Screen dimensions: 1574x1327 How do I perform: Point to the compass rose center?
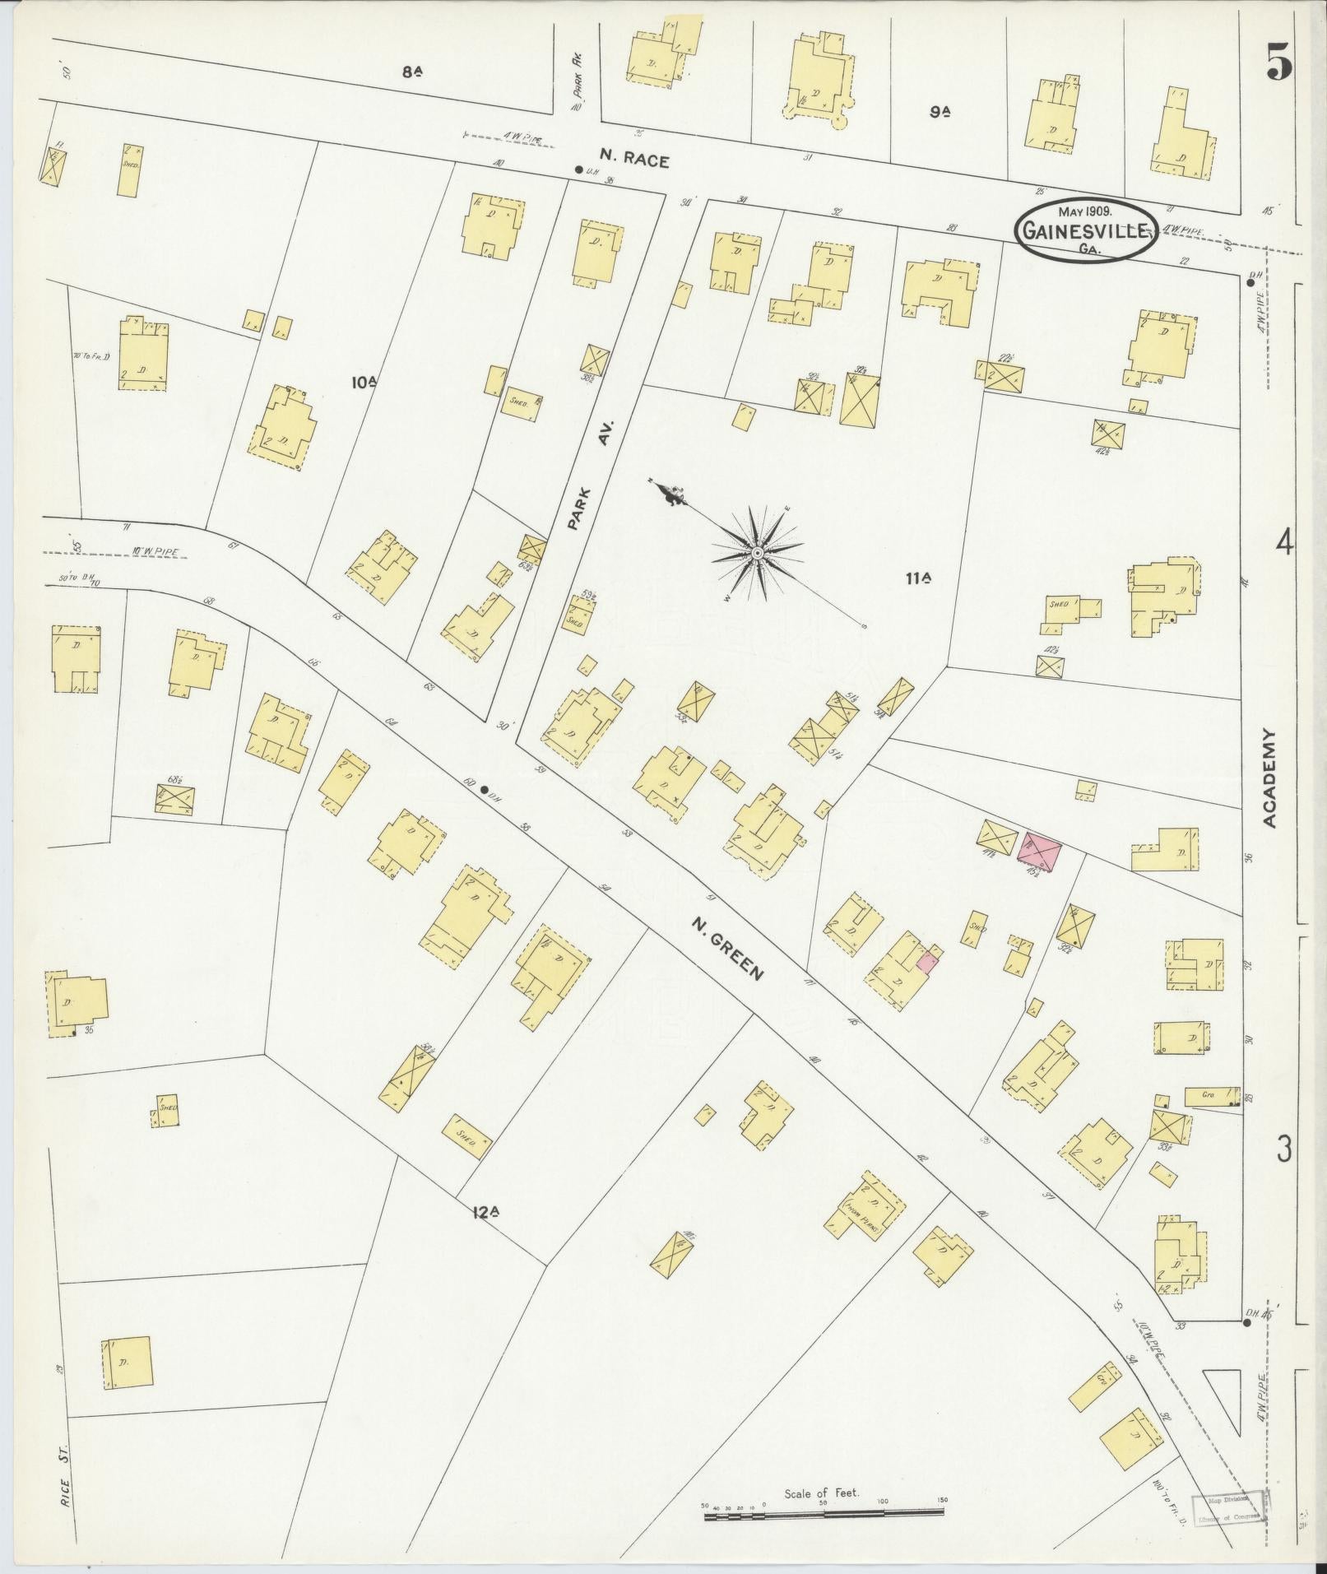[755, 552]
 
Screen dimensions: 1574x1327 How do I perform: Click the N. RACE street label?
[634, 162]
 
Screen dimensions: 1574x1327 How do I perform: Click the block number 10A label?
[364, 382]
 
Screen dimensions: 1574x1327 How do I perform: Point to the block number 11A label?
[918, 578]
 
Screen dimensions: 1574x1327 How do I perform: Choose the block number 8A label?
[413, 72]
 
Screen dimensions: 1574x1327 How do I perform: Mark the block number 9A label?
[940, 112]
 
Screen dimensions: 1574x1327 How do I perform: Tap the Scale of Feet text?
[821, 1493]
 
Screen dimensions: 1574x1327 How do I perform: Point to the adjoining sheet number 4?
[1284, 543]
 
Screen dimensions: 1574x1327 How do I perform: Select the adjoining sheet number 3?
[1284, 1149]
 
